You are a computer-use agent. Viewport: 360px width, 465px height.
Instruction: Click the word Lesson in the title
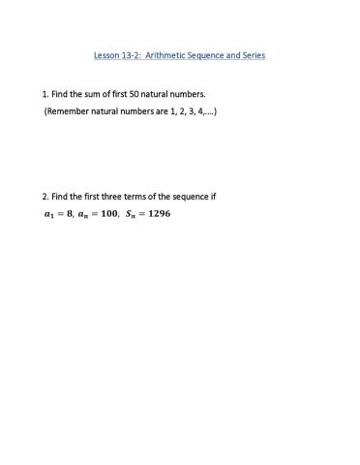click(107, 55)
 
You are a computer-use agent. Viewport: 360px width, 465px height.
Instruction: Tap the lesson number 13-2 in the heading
click(134, 55)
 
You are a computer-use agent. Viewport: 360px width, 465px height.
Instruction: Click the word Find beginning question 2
click(61, 197)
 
